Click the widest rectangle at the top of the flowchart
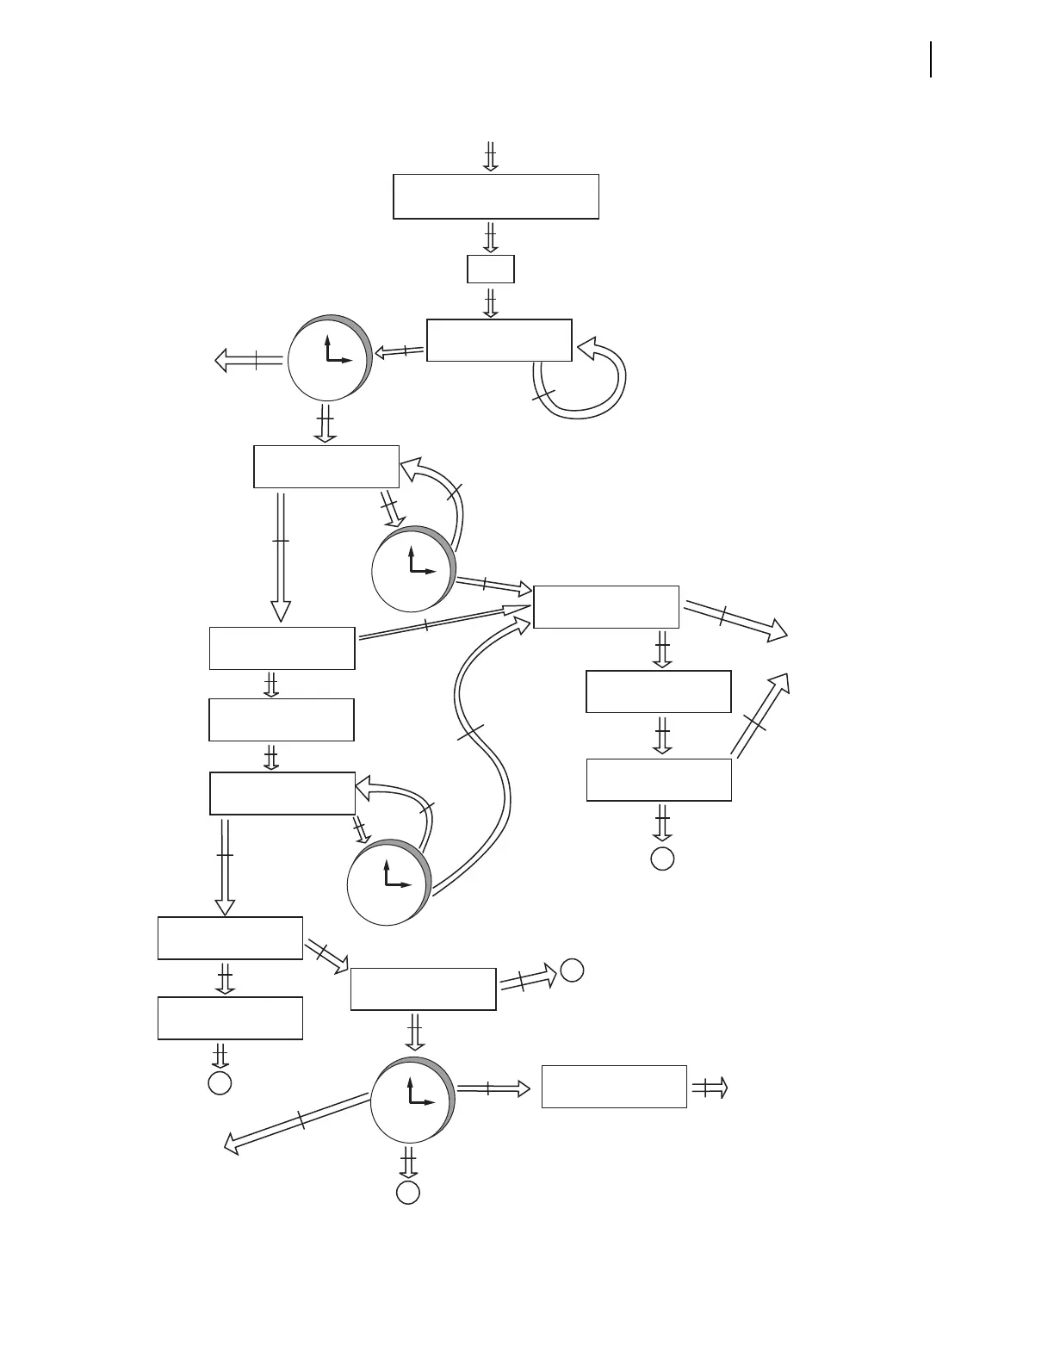495,196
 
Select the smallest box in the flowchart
490,269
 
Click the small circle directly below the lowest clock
407,1192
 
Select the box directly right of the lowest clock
614,1086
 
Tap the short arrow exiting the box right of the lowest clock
710,1088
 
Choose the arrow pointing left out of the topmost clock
250,360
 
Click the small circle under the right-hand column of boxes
661,859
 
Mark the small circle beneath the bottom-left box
220,1082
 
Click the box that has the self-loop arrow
499,340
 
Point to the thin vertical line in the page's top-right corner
931,60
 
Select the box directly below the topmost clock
325,467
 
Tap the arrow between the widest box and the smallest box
490,237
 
